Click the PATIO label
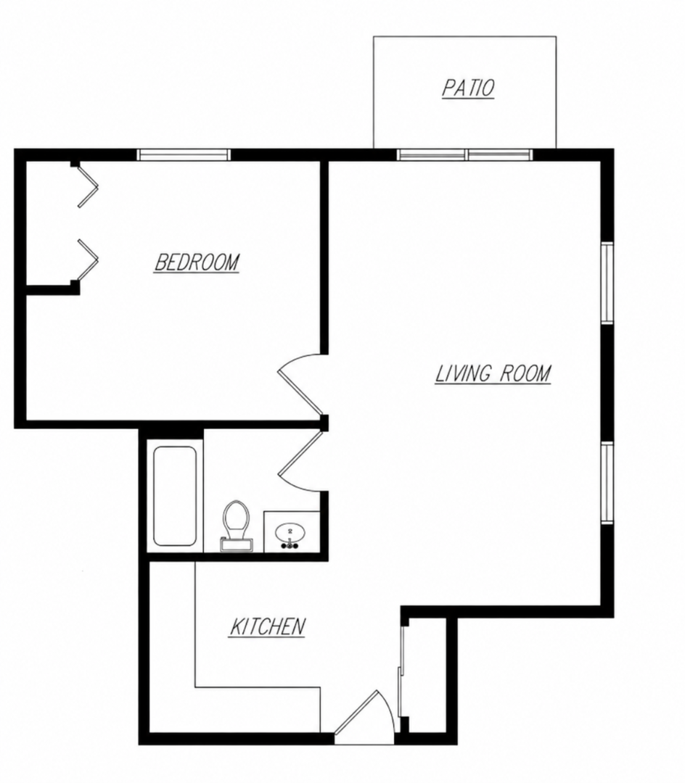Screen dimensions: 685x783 coord(468,88)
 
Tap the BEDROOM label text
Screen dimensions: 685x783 coord(197,262)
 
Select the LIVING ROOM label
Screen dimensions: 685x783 coord(493,373)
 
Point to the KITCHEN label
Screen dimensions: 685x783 coord(267,626)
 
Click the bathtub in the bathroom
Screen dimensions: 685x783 coord(174,496)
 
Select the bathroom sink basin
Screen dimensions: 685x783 coord(290,532)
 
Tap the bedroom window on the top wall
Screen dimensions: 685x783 coord(184,154)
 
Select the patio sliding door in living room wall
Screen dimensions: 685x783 coord(465,154)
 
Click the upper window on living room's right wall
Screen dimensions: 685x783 coord(607,283)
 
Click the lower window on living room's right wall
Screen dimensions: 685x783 coord(607,483)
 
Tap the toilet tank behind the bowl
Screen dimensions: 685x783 coord(237,545)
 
